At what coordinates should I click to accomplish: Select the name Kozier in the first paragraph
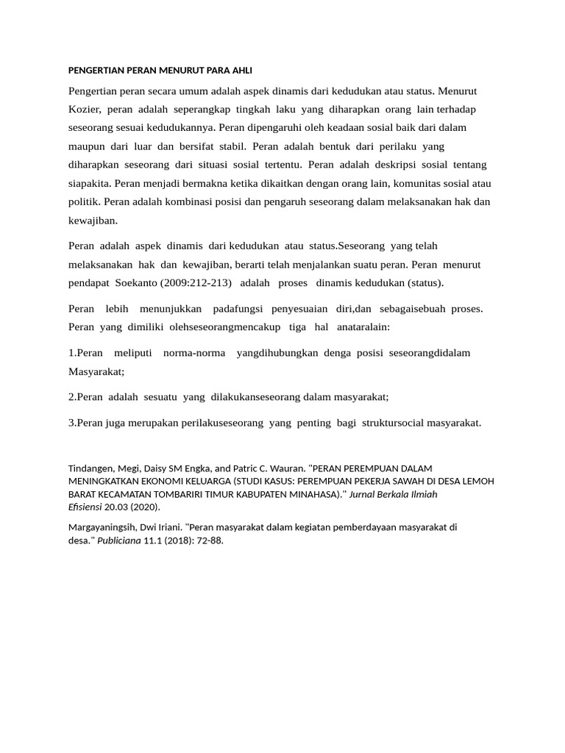click(x=83, y=110)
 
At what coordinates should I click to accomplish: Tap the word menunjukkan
click(x=171, y=309)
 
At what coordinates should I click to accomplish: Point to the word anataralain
click(x=363, y=326)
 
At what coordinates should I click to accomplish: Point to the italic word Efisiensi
click(x=85, y=507)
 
